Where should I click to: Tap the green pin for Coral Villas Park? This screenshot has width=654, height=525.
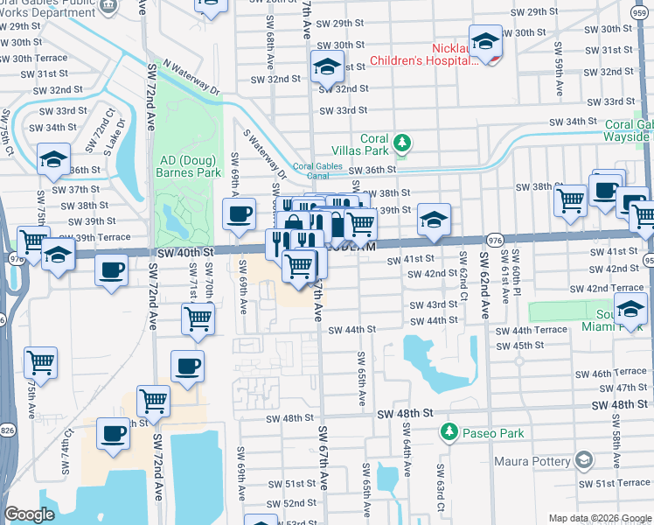pos(401,142)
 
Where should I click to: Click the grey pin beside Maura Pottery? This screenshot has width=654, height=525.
pos(584,459)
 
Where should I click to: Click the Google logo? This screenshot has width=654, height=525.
pos(29,514)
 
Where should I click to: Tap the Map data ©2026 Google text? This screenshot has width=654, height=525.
pos(599,518)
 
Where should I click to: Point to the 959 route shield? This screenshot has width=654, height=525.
pos(648,260)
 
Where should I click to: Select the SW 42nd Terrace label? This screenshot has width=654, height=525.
pos(606,288)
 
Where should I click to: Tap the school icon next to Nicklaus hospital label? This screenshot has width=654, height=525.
pos(485,41)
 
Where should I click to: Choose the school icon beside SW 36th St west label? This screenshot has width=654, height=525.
pos(53,159)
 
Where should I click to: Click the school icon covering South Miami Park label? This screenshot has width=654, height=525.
pos(630,308)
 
